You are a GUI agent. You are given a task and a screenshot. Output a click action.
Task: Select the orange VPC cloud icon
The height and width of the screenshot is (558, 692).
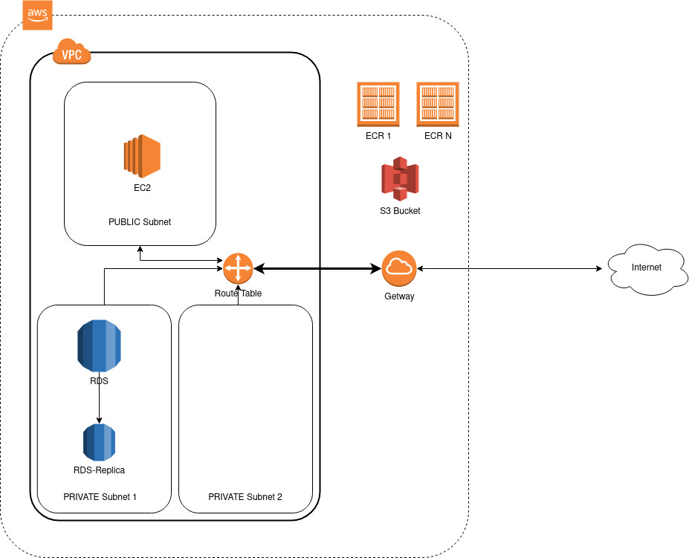point(72,54)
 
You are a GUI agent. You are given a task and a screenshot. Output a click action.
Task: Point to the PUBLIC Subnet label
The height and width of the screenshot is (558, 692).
point(140,221)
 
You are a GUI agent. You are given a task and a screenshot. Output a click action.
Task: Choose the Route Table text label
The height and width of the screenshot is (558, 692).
point(238,293)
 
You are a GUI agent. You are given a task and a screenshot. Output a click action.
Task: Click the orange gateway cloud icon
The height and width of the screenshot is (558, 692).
point(399,268)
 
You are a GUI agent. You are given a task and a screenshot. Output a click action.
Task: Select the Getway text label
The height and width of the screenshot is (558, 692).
point(399,296)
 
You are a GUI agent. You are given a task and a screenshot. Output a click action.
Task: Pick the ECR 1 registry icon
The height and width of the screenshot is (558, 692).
point(378,103)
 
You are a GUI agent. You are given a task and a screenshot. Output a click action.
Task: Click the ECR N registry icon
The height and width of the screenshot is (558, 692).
point(438,103)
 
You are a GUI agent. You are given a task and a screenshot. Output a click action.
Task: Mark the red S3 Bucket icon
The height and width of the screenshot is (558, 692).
point(400,179)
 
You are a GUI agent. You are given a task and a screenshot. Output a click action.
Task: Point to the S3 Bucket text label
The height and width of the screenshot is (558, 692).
point(400,211)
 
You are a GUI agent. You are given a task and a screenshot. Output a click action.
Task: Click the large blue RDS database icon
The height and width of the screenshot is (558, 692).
point(99,345)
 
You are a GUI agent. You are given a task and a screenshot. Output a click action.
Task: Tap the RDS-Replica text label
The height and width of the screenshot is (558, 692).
point(99,470)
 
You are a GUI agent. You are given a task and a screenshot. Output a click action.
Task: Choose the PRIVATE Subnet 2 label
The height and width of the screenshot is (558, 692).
point(245,496)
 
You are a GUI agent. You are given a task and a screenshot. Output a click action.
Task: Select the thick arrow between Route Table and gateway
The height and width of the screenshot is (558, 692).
point(317,268)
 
